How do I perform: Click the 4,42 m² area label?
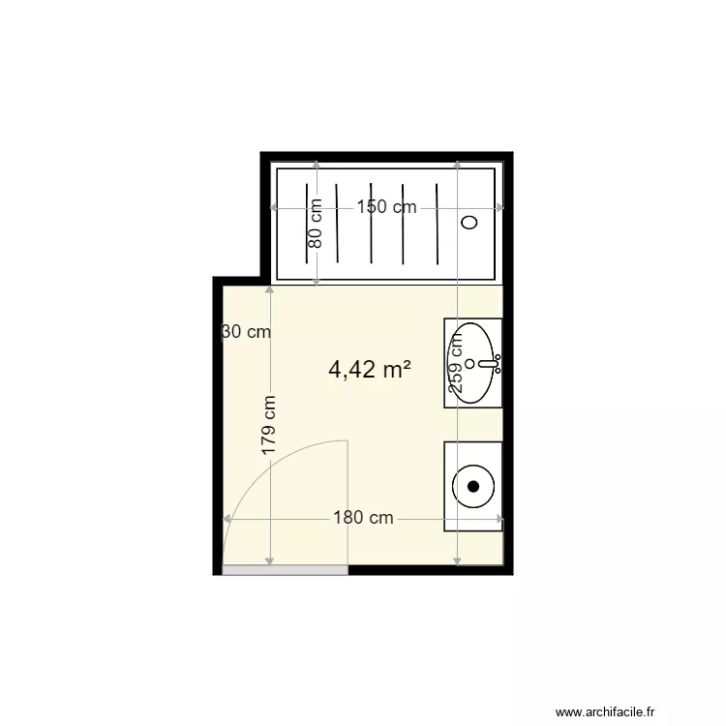click(370, 369)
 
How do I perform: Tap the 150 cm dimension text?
click(386, 207)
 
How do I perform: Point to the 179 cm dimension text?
click(269, 426)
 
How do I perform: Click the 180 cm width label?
click(363, 518)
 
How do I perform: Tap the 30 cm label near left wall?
click(246, 332)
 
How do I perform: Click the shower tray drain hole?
click(470, 222)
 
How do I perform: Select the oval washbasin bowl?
click(470, 348)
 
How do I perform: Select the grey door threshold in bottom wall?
click(285, 570)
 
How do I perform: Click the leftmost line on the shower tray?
click(309, 222)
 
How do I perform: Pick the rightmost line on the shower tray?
click(439, 222)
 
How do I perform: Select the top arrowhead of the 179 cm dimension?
click(269, 291)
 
